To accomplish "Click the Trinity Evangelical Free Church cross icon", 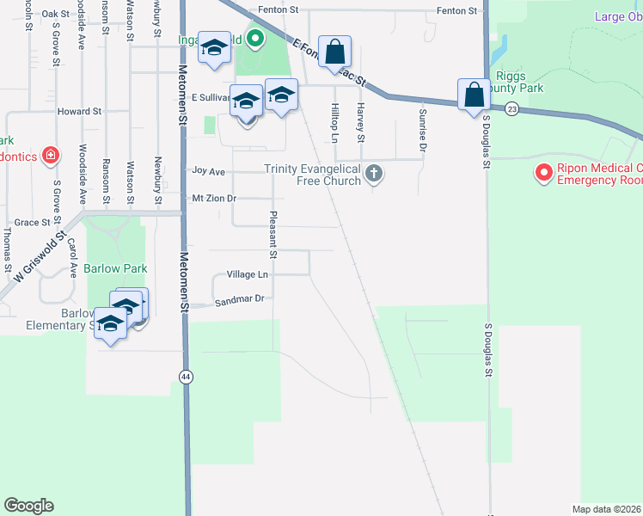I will click(373, 174).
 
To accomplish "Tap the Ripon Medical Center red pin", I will click(543, 174).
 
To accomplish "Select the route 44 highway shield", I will click(186, 377).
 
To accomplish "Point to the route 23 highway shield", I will click(511, 108).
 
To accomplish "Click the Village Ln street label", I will click(248, 274).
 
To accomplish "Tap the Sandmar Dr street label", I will click(239, 298).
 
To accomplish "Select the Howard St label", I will click(79, 112).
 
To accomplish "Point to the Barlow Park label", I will click(122, 268).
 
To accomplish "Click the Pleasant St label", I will click(273, 235).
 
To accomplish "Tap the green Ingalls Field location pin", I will click(255, 38).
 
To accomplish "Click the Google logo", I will click(28, 506).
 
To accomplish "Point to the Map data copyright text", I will click(607, 509).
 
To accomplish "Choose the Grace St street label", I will click(34, 222).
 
